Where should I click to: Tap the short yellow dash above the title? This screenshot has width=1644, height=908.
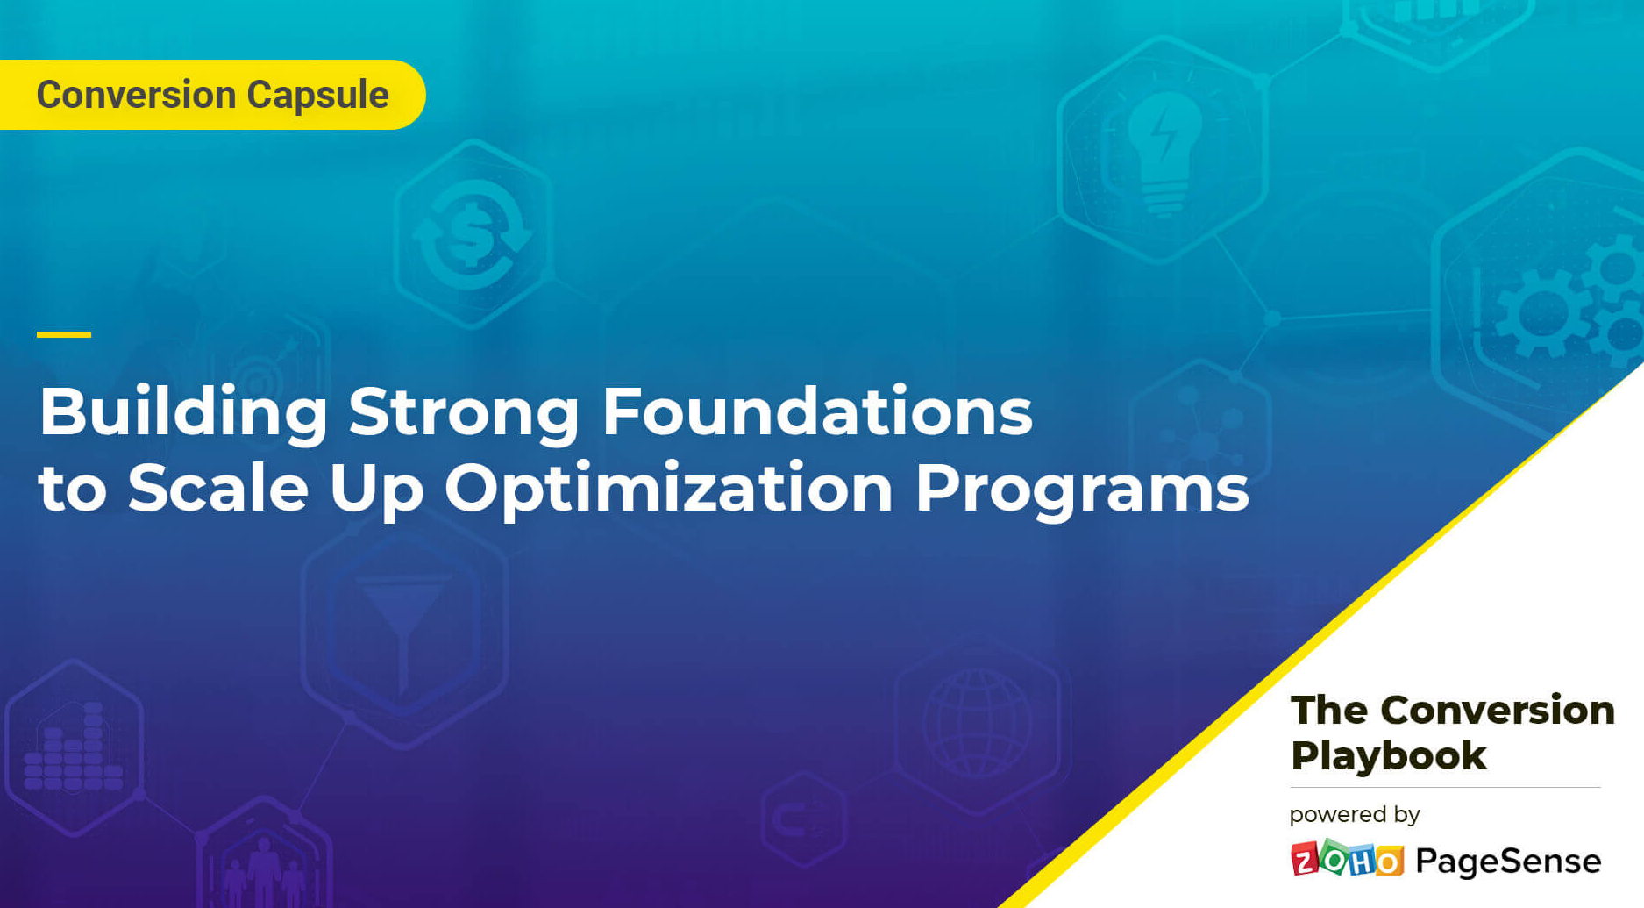point(64,334)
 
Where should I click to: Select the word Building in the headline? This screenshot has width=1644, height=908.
point(183,412)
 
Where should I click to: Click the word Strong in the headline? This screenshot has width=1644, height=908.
point(464,412)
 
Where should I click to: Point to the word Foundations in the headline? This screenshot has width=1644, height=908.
point(817,412)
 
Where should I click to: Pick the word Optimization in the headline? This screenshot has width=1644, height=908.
point(668,489)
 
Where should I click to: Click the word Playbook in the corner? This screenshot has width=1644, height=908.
point(1388,755)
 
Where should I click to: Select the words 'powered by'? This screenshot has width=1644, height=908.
point(1354,815)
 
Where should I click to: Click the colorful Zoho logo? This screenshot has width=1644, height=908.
point(1347,860)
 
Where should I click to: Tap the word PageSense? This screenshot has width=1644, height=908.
point(1508,862)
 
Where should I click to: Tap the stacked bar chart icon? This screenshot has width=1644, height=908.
point(74,749)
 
